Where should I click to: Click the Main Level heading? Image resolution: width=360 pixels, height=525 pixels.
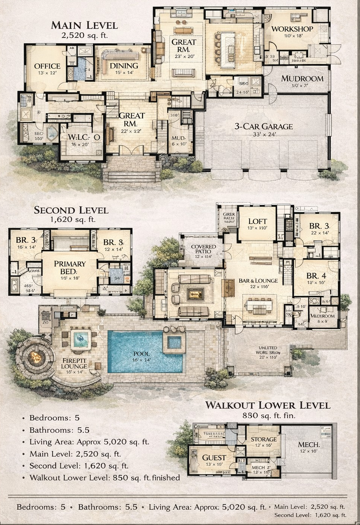(x=84, y=25)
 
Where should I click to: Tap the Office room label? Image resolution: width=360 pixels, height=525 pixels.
(x=47, y=66)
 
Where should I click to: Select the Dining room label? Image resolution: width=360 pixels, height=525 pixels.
(x=124, y=65)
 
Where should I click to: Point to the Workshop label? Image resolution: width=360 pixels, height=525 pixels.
(x=292, y=29)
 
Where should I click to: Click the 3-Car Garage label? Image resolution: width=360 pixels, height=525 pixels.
(x=263, y=126)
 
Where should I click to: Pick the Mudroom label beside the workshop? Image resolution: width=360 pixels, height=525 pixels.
(x=302, y=79)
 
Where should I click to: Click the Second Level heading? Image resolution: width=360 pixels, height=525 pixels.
(x=71, y=210)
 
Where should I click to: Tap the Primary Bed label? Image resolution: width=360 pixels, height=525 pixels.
(x=70, y=267)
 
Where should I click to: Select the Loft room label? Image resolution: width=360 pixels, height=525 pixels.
(x=257, y=222)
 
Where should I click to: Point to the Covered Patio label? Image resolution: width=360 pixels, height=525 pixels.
(x=203, y=249)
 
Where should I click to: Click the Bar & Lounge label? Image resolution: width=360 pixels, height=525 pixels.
(x=258, y=281)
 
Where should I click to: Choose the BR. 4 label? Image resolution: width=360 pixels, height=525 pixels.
(x=316, y=275)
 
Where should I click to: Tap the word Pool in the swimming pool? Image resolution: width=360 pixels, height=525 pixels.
(x=141, y=354)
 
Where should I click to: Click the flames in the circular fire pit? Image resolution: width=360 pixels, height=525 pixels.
(x=36, y=356)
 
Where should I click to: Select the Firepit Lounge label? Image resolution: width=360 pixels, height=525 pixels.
(x=74, y=363)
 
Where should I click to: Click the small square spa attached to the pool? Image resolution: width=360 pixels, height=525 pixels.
(x=174, y=342)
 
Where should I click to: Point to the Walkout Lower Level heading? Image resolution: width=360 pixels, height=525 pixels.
(x=267, y=405)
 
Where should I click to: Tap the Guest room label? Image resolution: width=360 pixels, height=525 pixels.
(x=214, y=458)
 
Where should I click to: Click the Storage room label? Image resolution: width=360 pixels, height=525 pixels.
(x=264, y=439)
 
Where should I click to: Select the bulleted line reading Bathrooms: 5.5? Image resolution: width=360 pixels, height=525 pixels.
(x=59, y=430)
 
